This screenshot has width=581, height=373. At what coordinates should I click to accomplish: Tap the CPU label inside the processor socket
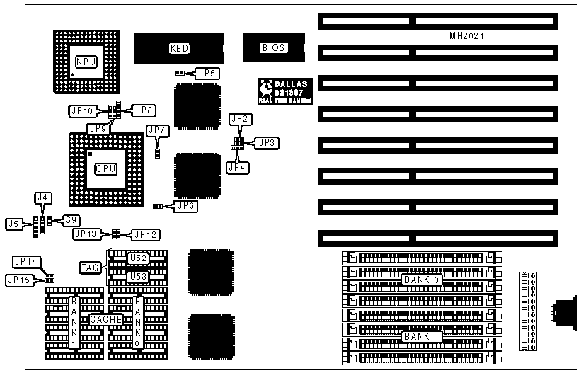tap(105, 169)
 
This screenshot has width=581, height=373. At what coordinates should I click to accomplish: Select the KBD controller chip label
tap(178, 48)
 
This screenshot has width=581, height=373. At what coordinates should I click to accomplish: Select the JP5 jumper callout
tap(208, 72)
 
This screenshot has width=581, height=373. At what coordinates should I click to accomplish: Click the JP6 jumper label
tap(186, 206)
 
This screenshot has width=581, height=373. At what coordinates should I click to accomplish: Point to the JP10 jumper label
tap(82, 110)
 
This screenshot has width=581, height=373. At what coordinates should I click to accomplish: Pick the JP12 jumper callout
tap(146, 234)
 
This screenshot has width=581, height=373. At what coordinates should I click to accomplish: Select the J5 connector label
tap(13, 224)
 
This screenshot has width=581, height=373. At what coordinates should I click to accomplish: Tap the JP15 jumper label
tap(18, 280)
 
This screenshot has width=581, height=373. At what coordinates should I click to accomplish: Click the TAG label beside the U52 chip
tap(90, 267)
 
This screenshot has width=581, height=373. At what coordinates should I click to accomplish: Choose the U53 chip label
tap(137, 276)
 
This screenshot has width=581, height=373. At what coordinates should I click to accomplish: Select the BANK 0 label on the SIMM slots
tap(422, 280)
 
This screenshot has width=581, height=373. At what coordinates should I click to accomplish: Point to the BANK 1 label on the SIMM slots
tap(422, 336)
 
